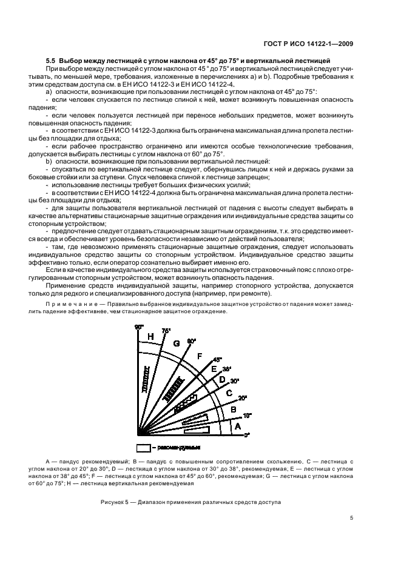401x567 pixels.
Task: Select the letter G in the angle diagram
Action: [177, 344]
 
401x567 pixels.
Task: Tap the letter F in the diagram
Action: [200, 356]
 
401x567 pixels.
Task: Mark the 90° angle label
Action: [138, 327]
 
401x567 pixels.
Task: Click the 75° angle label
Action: [166, 331]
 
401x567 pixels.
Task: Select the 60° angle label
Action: [192, 342]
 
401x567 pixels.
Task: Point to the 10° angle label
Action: [247, 415]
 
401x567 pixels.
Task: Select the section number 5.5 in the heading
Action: [52, 61]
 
